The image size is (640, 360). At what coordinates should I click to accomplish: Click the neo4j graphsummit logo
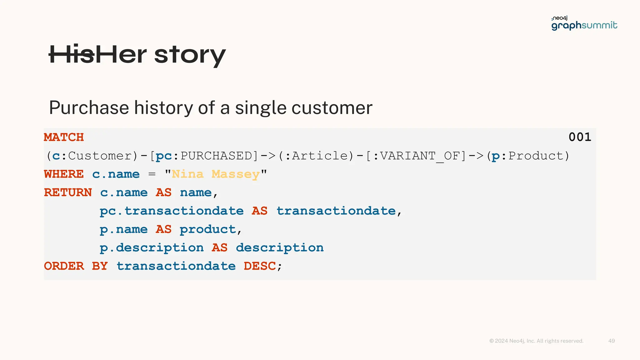pos(584,23)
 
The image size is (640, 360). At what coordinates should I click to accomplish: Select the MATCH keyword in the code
pos(64,137)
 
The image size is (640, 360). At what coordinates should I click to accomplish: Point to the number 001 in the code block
pos(580,137)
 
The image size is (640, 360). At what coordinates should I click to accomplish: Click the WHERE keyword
pos(64,174)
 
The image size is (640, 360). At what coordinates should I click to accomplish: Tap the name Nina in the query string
pos(187,174)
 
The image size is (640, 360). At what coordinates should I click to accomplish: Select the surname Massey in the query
pos(236,174)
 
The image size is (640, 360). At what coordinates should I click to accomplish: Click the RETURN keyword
pos(68,192)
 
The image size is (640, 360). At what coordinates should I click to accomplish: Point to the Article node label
pos(320,156)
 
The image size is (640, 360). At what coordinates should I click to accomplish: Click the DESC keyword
pos(260,266)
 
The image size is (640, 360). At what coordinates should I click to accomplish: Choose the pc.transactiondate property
pos(172,211)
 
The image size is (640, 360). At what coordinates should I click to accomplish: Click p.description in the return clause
pos(152,248)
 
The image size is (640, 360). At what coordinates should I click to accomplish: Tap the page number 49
pos(612,341)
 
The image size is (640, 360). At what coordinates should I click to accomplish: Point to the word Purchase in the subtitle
pos(89,108)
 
